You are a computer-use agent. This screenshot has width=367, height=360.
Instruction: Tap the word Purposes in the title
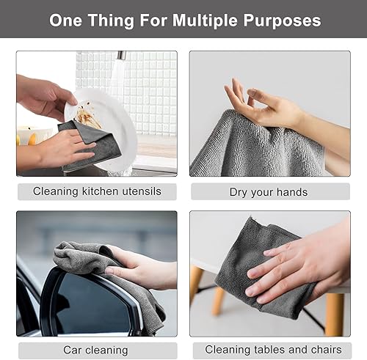coord(283,20)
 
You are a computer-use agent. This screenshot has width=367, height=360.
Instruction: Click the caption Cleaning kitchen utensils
coord(96,192)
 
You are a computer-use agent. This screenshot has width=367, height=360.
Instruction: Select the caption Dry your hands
coord(269,192)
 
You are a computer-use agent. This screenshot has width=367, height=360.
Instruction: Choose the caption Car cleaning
coord(96,350)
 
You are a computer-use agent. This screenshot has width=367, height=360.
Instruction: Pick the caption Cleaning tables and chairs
coord(269,350)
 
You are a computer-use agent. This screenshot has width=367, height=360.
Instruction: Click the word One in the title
coord(66,20)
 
